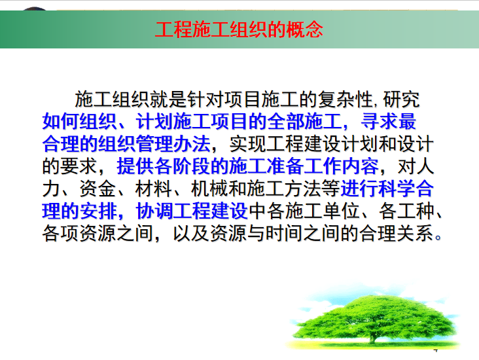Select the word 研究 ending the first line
(x=401, y=99)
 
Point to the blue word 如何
(x=61, y=121)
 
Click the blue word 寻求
(x=379, y=121)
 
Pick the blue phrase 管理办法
(x=173, y=143)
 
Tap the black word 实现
(x=248, y=143)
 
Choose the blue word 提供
(x=135, y=166)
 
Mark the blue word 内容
(x=359, y=166)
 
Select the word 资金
(x=98, y=189)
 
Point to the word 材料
(x=154, y=189)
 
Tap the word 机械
(x=210, y=189)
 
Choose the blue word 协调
(x=154, y=211)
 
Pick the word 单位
(x=341, y=211)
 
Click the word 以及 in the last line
(x=192, y=233)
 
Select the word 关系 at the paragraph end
(x=415, y=233)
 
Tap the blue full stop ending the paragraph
(x=438, y=238)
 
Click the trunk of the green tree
(x=372, y=336)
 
